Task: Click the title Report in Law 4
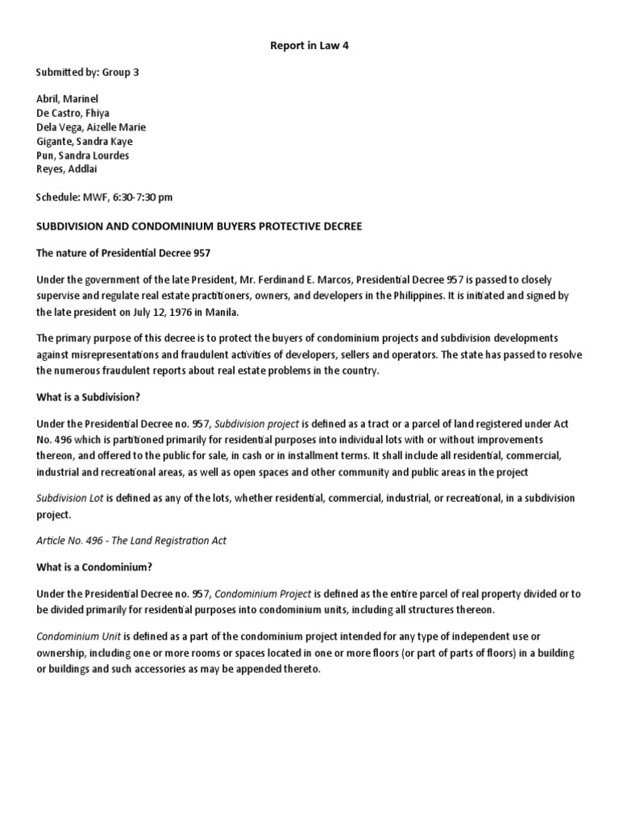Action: (309, 46)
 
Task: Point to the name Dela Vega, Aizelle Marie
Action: (91, 127)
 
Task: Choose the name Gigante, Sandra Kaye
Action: (84, 141)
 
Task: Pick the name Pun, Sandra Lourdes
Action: (82, 155)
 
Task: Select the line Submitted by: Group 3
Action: (87, 72)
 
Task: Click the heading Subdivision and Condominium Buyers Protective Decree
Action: (199, 226)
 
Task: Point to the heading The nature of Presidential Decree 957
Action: (123, 254)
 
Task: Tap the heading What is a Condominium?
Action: (94, 566)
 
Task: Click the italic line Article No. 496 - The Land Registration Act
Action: (131, 541)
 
